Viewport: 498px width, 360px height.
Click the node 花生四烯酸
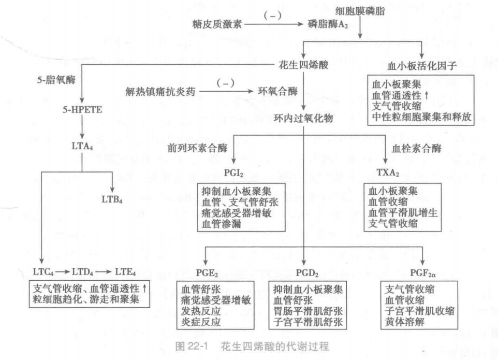(301, 66)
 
